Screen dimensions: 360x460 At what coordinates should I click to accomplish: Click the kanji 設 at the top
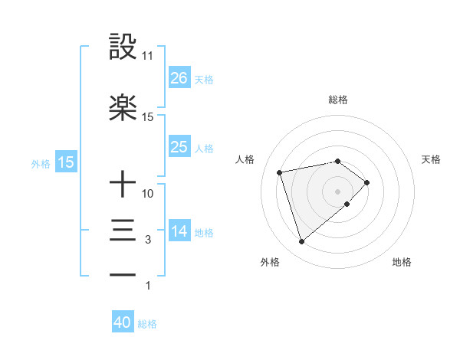click(123, 47)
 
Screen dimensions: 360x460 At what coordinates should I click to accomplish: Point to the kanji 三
click(123, 231)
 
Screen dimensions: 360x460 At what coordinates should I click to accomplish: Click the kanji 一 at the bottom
click(123, 275)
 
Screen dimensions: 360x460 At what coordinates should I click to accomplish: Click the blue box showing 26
click(179, 78)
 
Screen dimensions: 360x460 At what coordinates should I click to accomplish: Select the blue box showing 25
click(179, 147)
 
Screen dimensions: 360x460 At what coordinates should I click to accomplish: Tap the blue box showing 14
click(179, 231)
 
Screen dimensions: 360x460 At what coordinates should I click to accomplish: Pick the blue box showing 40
click(123, 323)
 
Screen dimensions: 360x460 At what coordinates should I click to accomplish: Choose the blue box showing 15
click(66, 162)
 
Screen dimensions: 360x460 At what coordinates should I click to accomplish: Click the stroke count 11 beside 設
click(147, 56)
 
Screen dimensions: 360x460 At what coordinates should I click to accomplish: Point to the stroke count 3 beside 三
click(148, 240)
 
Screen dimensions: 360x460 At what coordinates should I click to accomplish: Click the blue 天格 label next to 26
click(204, 79)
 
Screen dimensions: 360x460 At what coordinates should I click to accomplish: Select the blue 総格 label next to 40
click(147, 324)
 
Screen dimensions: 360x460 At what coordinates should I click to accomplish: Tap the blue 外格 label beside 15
click(41, 163)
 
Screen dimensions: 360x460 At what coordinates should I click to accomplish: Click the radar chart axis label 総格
click(338, 100)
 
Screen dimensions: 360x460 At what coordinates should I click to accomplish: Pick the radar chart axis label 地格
click(402, 263)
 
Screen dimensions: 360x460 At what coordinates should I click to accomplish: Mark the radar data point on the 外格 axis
click(301, 242)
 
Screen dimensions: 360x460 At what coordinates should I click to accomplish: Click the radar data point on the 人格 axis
click(280, 171)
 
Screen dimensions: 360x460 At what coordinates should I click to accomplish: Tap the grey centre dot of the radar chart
click(337, 190)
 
